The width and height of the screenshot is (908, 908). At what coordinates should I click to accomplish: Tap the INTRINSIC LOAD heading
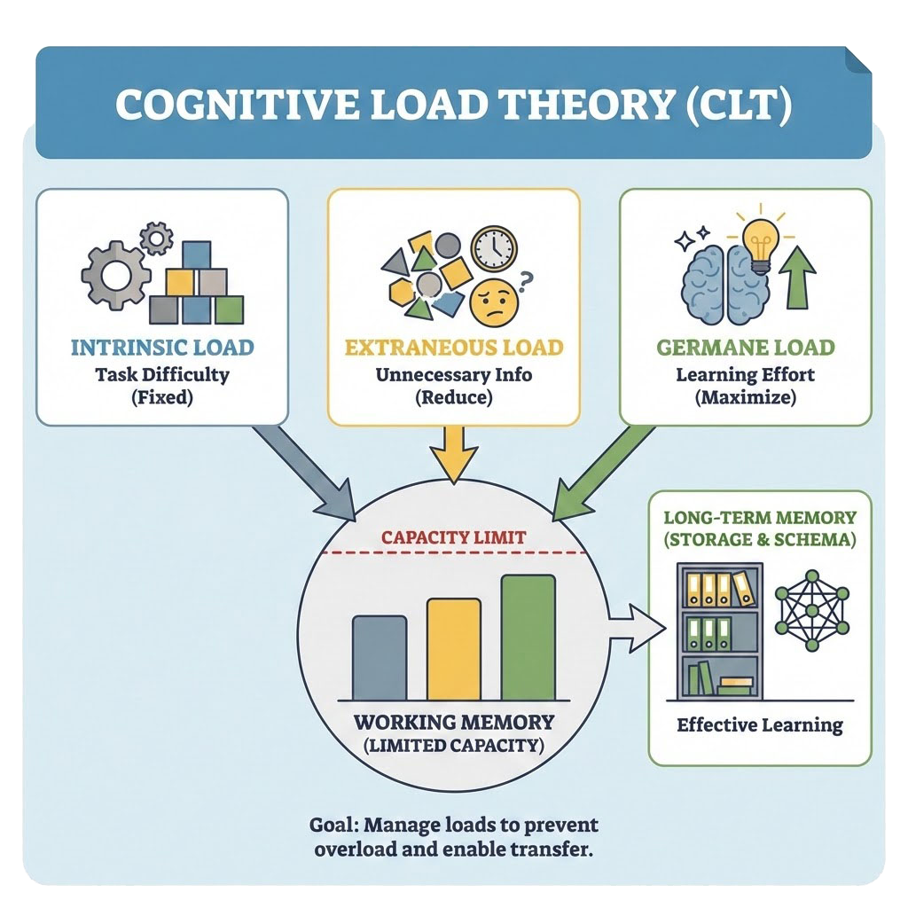pos(162,347)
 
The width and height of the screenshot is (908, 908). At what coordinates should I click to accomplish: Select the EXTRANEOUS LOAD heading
pos(453,347)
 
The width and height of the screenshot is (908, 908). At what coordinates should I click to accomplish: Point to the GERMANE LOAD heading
pos(746,347)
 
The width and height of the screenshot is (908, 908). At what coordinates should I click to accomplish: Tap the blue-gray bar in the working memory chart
pos(380,657)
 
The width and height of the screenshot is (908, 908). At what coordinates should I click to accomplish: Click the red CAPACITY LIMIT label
pos(453,537)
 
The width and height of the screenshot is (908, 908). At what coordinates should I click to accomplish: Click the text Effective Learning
pos(760,725)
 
